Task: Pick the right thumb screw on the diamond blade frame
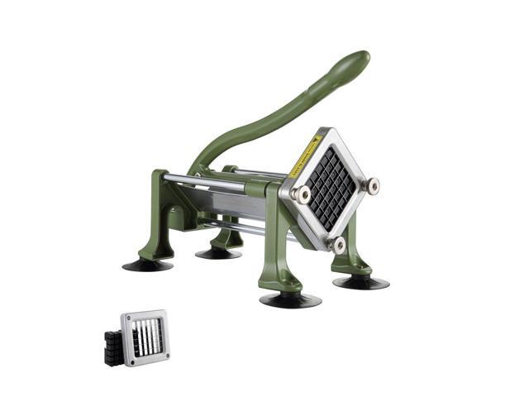click(x=373, y=185)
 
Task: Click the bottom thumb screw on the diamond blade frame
click(x=337, y=243)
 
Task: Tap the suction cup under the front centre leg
click(x=290, y=299)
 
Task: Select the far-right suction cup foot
click(x=361, y=281)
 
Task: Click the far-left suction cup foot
click(x=148, y=265)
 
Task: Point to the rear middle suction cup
click(x=218, y=252)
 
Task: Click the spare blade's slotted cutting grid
click(x=145, y=337)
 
